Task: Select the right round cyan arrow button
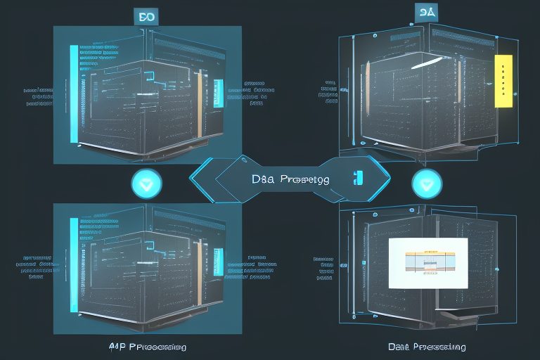click(x=427, y=184)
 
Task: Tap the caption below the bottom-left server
click(x=148, y=347)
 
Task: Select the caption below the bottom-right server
click(x=426, y=347)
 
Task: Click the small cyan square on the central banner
click(x=358, y=178)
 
